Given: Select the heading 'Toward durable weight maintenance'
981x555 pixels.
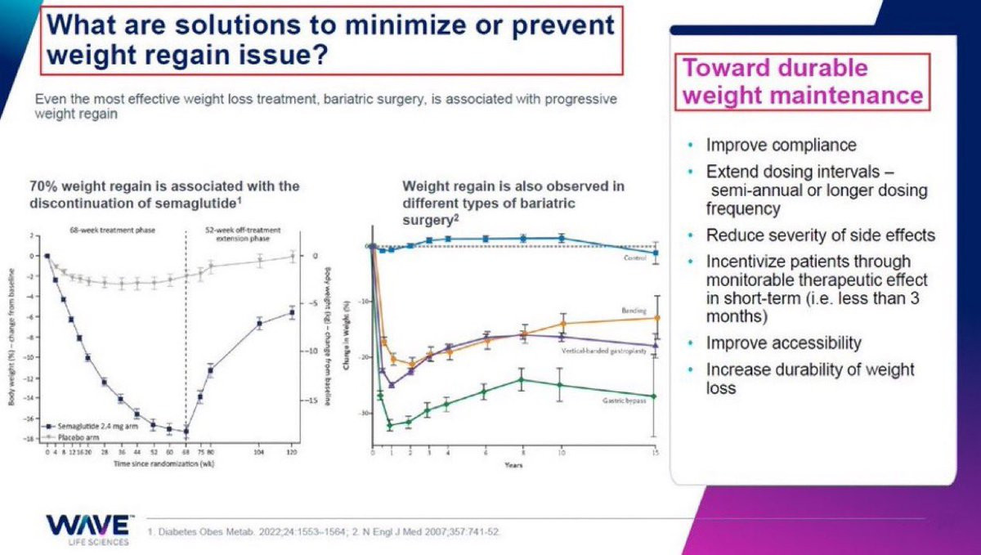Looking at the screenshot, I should [802, 82].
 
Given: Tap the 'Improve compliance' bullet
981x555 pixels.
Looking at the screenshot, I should [781, 145].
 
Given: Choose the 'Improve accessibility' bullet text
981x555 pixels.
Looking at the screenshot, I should [783, 342].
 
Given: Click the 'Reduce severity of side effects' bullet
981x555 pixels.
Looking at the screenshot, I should [820, 235].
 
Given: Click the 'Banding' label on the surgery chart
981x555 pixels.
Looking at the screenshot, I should [634, 311].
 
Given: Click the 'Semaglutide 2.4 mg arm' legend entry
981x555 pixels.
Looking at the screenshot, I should [90, 427].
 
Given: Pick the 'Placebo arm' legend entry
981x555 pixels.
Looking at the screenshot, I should [74, 436].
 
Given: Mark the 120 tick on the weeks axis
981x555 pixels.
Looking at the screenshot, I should [291, 451].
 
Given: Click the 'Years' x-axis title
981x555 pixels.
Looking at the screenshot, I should [514, 465].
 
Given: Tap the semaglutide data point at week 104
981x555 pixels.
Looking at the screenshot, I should [259, 324].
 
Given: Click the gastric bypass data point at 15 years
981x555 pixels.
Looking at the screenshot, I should [657, 397].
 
